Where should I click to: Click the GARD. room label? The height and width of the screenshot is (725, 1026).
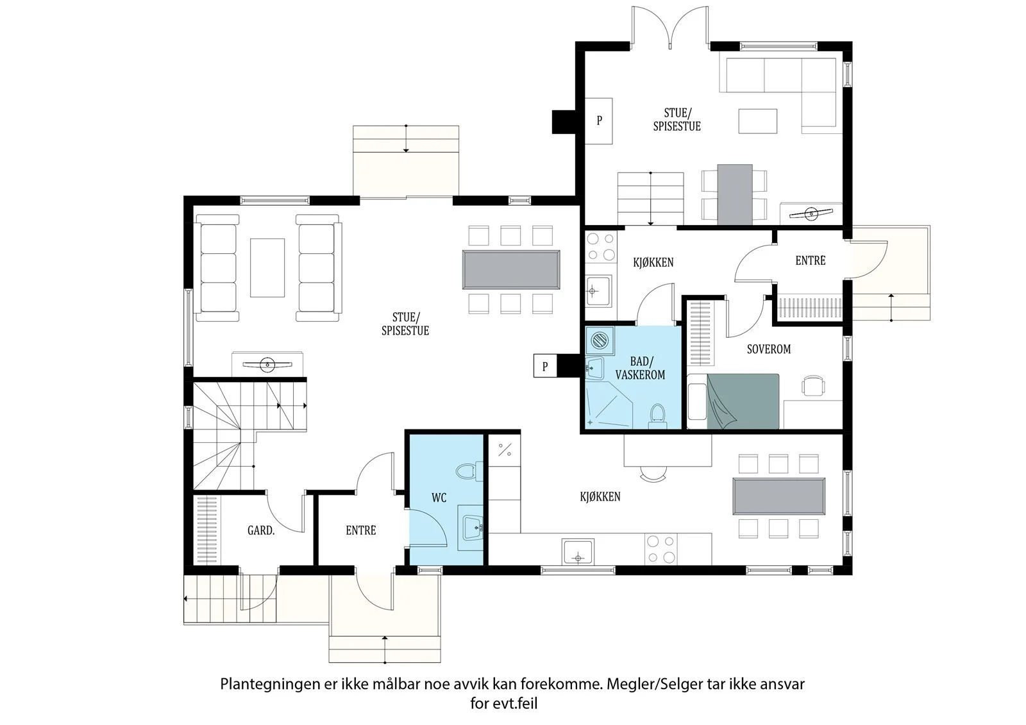pyautogui.click(x=261, y=530)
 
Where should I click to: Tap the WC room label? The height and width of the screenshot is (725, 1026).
pyautogui.click(x=439, y=497)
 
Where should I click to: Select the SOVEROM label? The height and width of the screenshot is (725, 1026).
pyautogui.click(x=769, y=349)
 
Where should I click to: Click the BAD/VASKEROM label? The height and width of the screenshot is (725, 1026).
pyautogui.click(x=641, y=369)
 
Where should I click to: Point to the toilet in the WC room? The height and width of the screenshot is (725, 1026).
pyautogui.click(x=469, y=471)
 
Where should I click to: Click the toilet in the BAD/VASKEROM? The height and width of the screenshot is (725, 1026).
pyautogui.click(x=658, y=415)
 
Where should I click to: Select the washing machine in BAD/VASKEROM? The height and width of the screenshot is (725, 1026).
pyautogui.click(x=600, y=341)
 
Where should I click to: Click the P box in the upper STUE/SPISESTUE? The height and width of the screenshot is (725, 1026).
pyautogui.click(x=599, y=121)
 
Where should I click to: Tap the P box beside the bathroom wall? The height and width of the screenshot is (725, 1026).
pyautogui.click(x=545, y=367)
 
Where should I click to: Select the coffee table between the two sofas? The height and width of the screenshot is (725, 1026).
pyautogui.click(x=267, y=267)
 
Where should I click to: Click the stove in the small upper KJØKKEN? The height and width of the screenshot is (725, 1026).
pyautogui.click(x=601, y=247)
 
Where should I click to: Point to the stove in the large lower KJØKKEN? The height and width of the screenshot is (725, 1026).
pyautogui.click(x=661, y=549)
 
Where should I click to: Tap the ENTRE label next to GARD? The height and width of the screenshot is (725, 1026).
pyautogui.click(x=361, y=530)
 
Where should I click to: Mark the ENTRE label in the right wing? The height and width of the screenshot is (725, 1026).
pyautogui.click(x=811, y=261)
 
